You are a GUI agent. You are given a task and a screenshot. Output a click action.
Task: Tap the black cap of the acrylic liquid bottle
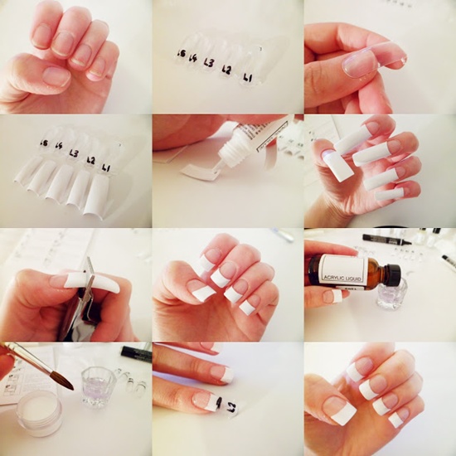(x=391, y=274)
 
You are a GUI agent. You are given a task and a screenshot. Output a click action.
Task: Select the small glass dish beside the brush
(x=99, y=385)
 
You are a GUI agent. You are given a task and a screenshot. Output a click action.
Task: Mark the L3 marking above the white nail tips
(x=75, y=153)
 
